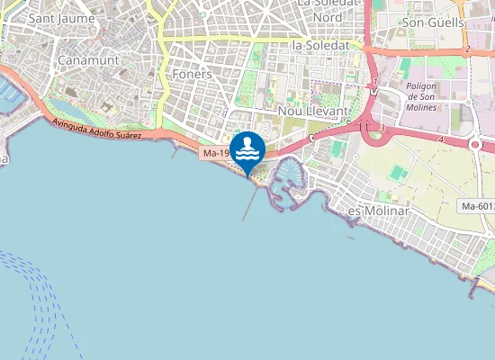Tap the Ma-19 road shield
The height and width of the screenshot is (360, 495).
[x=213, y=154]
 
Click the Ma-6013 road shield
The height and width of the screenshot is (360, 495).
[x=476, y=206]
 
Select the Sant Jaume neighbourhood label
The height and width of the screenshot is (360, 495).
[x=58, y=17]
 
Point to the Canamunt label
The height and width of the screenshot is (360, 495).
[x=84, y=60]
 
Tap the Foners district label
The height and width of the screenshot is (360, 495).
[x=192, y=75]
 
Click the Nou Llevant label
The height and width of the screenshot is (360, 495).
[x=312, y=110]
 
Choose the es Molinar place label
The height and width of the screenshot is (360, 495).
[x=379, y=211]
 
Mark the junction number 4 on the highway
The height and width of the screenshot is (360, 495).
[x=441, y=140]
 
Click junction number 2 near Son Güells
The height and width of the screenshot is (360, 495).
[x=468, y=49]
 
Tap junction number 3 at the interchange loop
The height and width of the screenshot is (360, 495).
[x=382, y=129]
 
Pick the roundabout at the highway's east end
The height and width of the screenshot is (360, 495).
[x=476, y=143]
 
